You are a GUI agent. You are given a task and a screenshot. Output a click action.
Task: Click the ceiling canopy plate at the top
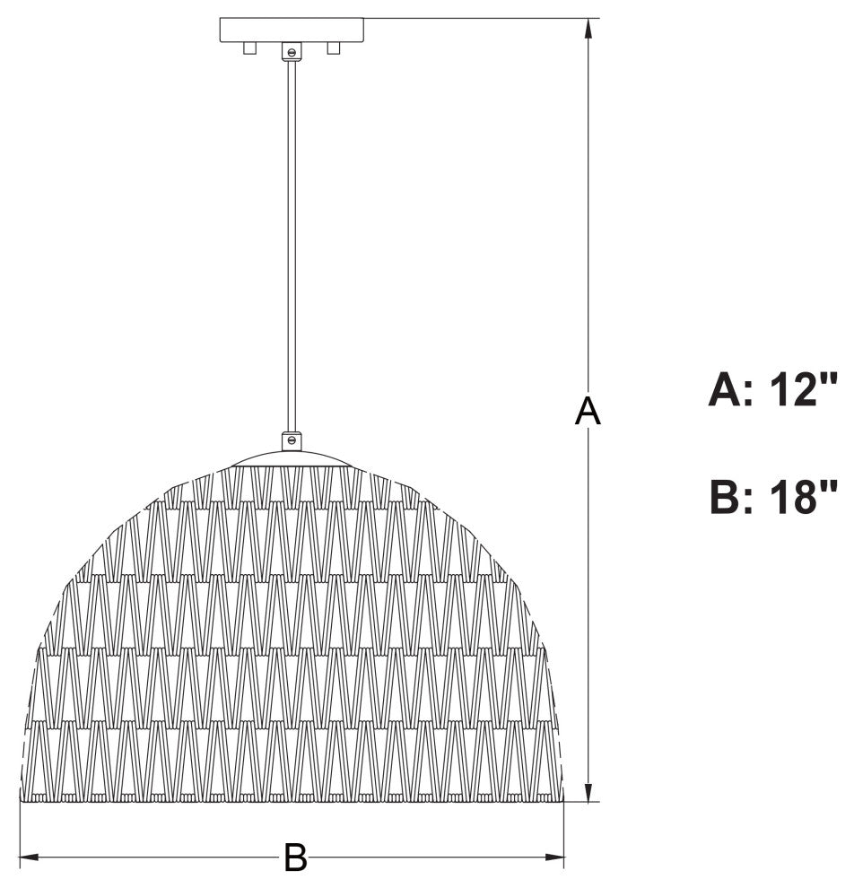[292, 30]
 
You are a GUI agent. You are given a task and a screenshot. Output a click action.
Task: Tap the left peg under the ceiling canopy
[250, 48]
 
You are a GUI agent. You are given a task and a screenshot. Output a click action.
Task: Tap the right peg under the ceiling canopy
[334, 48]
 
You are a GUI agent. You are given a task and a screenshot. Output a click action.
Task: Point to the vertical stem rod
[291, 242]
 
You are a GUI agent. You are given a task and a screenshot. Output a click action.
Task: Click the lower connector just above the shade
[291, 440]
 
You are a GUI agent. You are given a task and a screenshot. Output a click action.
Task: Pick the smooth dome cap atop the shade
[291, 458]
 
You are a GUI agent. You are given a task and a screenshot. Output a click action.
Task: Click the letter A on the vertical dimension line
[588, 412]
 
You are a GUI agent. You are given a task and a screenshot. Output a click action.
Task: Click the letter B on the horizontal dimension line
[295, 858]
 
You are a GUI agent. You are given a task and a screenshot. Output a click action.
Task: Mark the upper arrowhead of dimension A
[588, 27]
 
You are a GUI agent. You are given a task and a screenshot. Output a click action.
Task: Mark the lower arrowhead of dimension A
[588, 792]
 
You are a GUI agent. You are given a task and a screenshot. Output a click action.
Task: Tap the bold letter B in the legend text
[725, 498]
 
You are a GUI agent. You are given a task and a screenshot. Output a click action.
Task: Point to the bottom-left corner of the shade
[22, 799]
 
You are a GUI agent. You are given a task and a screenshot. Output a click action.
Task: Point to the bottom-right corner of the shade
[562, 799]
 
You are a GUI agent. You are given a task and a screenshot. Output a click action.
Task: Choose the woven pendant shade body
[292, 646]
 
